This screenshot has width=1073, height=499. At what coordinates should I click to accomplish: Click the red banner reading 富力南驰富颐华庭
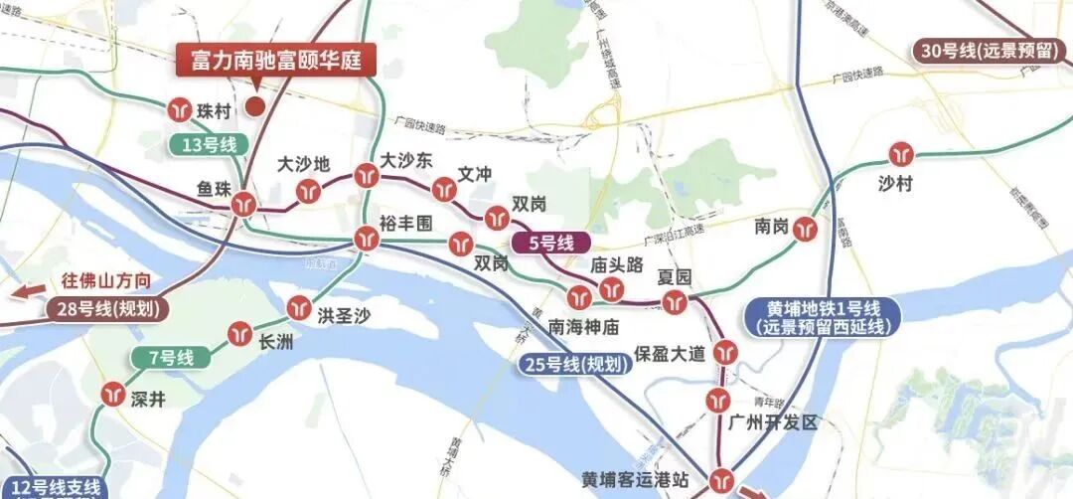(x=276, y=62)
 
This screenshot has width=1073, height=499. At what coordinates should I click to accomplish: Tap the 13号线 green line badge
(x=209, y=145)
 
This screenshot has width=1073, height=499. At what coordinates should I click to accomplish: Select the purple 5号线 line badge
(x=550, y=242)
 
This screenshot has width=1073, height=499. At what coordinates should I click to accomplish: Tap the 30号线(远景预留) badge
(x=990, y=53)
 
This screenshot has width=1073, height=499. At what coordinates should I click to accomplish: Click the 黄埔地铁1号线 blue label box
(x=821, y=316)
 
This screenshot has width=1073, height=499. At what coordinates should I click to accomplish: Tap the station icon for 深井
(x=111, y=395)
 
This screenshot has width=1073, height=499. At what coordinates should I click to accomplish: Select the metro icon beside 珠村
(x=180, y=107)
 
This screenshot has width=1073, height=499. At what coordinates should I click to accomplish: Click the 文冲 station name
(x=475, y=173)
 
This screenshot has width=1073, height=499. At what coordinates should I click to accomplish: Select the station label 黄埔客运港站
(x=636, y=479)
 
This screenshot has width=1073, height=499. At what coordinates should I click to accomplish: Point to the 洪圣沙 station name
(x=344, y=316)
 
